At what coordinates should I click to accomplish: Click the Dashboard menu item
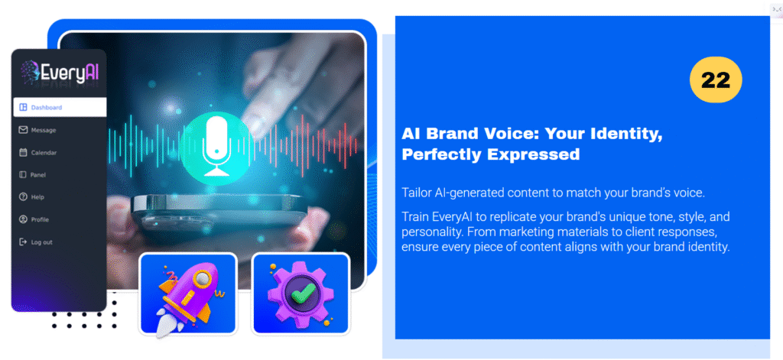coord(60,107)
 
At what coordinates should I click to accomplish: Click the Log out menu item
coord(35,242)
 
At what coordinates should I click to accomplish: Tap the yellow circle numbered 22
coord(716,80)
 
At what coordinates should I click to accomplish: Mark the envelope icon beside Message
coord(23,131)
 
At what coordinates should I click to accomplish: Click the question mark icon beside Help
coord(23,197)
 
